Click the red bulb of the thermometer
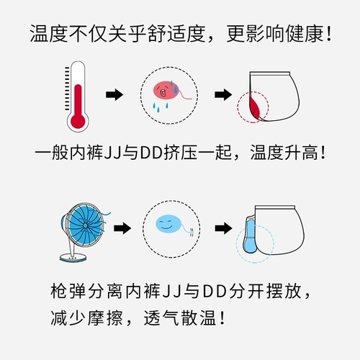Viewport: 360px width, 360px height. [78, 122]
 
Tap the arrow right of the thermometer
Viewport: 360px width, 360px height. [114, 94]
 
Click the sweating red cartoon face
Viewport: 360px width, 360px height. [164, 91]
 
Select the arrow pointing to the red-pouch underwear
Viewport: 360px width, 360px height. [223, 94]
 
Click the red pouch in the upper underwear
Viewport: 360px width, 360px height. [255, 107]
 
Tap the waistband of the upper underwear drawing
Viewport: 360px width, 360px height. [270, 73]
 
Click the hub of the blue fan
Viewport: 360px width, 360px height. [85, 225]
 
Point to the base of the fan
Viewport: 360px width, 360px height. [73, 258]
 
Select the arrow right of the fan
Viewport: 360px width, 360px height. [122, 228]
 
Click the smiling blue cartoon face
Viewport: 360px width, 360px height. [168, 224]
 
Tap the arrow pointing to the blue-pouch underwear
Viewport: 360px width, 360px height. [223, 228]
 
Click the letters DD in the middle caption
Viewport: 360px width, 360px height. [151, 153]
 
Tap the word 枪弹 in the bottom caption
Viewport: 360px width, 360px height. [68, 291]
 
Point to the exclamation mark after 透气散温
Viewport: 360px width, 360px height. [222, 318]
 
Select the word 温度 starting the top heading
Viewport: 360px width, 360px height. [49, 33]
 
